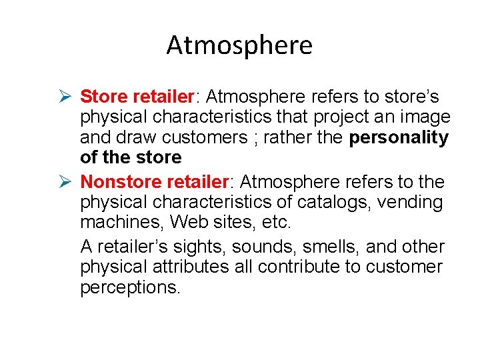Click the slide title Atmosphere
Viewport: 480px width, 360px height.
tap(239, 45)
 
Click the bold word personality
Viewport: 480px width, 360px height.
tap(399, 138)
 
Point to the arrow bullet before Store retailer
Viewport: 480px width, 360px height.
tap(64, 97)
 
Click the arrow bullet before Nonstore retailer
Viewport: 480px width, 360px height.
tap(64, 181)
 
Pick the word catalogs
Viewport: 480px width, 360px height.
tap(347, 202)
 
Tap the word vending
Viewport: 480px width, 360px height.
tap(411, 202)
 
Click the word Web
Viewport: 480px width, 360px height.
tap(189, 222)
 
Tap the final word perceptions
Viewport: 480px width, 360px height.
tap(129, 288)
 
